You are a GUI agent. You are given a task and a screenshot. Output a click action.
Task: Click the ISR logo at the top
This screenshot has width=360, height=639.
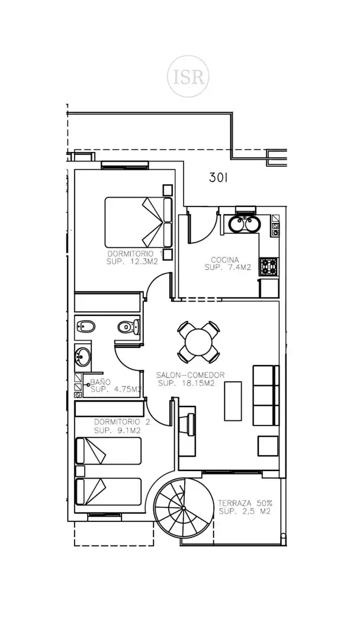coord(188,76)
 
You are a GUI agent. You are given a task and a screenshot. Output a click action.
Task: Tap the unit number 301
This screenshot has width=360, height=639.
coord(218,177)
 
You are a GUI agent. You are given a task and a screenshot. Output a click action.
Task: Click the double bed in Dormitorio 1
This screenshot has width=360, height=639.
coord(139,222)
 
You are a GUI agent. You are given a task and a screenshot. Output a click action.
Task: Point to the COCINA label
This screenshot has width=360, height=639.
coord(224,260)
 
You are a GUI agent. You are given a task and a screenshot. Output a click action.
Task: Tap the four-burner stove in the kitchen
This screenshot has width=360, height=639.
coord(269,267)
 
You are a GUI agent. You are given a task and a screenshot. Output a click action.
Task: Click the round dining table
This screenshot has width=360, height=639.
coord(198,342)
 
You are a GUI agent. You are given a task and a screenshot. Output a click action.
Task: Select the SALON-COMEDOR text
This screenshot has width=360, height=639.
coord(191,375)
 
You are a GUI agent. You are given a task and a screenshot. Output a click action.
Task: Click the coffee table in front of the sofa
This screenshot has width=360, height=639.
coord(233,401)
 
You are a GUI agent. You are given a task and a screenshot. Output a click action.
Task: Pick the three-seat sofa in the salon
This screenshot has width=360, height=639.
coord(266,395)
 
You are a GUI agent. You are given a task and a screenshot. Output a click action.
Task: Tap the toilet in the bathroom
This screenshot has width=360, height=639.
coord(128,327)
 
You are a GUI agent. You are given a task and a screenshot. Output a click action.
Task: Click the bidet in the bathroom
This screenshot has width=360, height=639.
coord(86,327)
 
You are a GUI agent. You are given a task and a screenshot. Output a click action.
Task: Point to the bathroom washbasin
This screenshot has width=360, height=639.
coord(83,357)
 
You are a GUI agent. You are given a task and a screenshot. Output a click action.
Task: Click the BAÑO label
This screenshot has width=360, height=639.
coord(100,382)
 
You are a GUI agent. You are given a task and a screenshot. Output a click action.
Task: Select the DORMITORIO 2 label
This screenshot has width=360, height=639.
coord(122,422)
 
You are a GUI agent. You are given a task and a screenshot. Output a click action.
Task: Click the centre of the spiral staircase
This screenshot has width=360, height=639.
coord(184,508)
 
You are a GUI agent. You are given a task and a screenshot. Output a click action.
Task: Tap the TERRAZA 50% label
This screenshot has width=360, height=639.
coord(245,503)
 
